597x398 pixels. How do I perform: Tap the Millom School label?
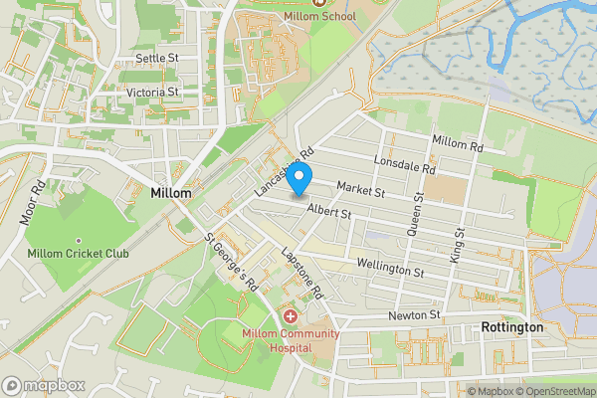332,16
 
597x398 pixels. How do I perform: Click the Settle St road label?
157,60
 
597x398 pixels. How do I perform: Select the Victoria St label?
152,92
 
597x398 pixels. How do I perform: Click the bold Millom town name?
170,191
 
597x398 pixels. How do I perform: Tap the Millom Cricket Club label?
78,254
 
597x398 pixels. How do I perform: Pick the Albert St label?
329,212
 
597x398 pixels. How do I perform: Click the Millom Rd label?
457,144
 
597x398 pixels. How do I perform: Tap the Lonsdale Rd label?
404,164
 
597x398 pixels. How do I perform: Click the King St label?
460,245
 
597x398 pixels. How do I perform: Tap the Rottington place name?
511,327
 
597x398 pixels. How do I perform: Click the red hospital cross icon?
291,315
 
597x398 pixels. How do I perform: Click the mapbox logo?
43,385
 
